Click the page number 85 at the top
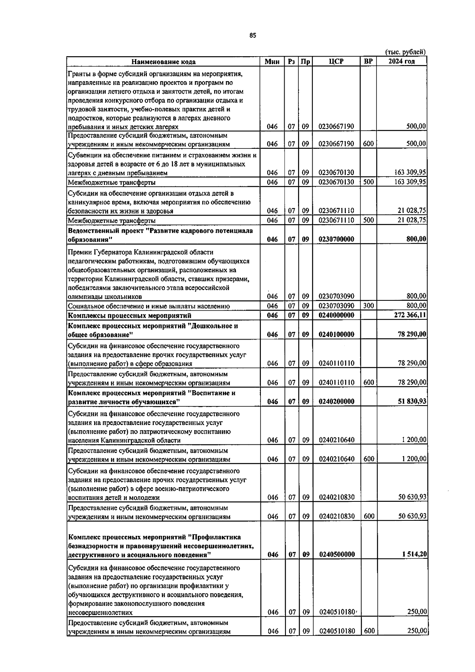click(x=253, y=35)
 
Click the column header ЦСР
click(x=336, y=61)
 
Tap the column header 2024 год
click(x=401, y=61)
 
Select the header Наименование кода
click(x=163, y=62)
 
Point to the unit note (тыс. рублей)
click(x=405, y=52)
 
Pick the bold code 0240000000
click(x=336, y=315)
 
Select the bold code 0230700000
click(x=336, y=239)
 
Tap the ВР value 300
click(x=368, y=306)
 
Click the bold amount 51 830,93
click(x=412, y=401)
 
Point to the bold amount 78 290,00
click(x=412, y=334)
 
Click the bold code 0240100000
click(x=336, y=334)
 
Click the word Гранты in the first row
click(x=79, y=74)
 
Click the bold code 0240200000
click(x=336, y=401)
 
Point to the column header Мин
click(x=272, y=62)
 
